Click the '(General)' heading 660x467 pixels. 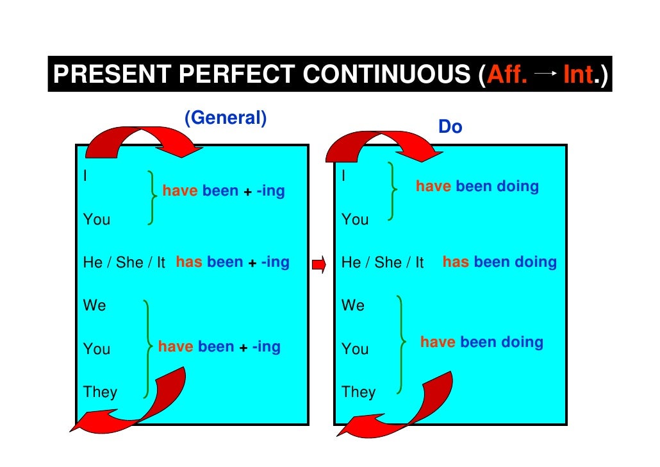[x=225, y=118]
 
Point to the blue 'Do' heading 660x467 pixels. [x=450, y=128]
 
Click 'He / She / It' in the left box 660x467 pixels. [x=124, y=262]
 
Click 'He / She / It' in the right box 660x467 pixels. [x=383, y=262]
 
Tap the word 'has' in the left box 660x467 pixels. [x=189, y=262]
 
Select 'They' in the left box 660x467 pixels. [x=100, y=391]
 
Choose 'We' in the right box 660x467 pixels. [x=353, y=305]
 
